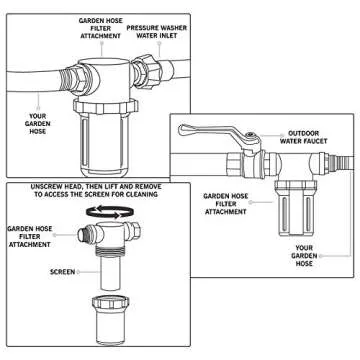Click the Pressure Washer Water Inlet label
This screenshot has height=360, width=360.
pyautogui.click(x=156, y=32)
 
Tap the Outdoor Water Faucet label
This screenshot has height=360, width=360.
pyautogui.click(x=303, y=137)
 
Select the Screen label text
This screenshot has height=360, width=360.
pyautogui.click(x=62, y=272)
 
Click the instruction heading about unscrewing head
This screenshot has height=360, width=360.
pyautogui.click(x=96, y=190)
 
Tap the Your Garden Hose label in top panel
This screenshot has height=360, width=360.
pyautogui.click(x=38, y=124)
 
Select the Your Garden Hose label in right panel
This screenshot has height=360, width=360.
pyautogui.click(x=304, y=256)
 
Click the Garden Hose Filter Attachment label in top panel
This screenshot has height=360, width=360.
pyautogui.click(x=100, y=28)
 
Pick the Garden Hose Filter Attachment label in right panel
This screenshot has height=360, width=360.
pyautogui.click(x=226, y=204)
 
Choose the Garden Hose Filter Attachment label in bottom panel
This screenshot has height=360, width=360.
pyautogui.click(x=30, y=236)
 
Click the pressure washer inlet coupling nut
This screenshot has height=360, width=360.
pyautogui.click(x=147, y=71)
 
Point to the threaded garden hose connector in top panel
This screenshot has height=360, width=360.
pyautogui.click(x=74, y=79)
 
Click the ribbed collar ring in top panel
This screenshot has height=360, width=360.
pyautogui.click(x=105, y=106)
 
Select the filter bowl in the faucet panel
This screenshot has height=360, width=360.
pyautogui.click(x=294, y=208)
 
